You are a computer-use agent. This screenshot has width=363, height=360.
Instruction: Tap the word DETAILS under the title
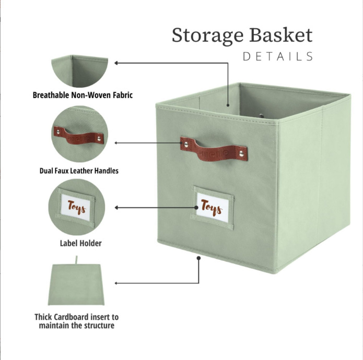278,56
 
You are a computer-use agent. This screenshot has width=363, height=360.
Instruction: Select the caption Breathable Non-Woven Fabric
83,95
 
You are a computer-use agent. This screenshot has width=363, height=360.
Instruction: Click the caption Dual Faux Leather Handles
79,171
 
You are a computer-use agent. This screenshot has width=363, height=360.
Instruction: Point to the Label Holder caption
80,243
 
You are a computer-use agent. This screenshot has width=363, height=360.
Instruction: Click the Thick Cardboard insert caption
77,321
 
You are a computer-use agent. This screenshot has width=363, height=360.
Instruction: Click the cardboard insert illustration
77,284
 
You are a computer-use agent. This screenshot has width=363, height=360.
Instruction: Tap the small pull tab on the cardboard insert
77,259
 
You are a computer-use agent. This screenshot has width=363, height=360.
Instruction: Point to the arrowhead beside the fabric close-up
116,63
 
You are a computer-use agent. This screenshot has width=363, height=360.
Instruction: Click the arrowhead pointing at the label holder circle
116,208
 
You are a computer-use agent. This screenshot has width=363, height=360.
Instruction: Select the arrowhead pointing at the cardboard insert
116,283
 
